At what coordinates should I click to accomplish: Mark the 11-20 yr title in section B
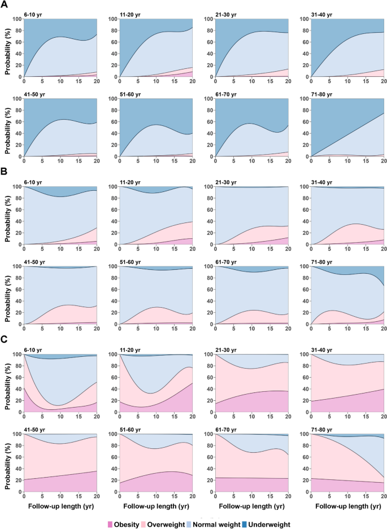coord(129,182)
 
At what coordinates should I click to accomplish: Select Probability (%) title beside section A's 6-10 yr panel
coord(7,47)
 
